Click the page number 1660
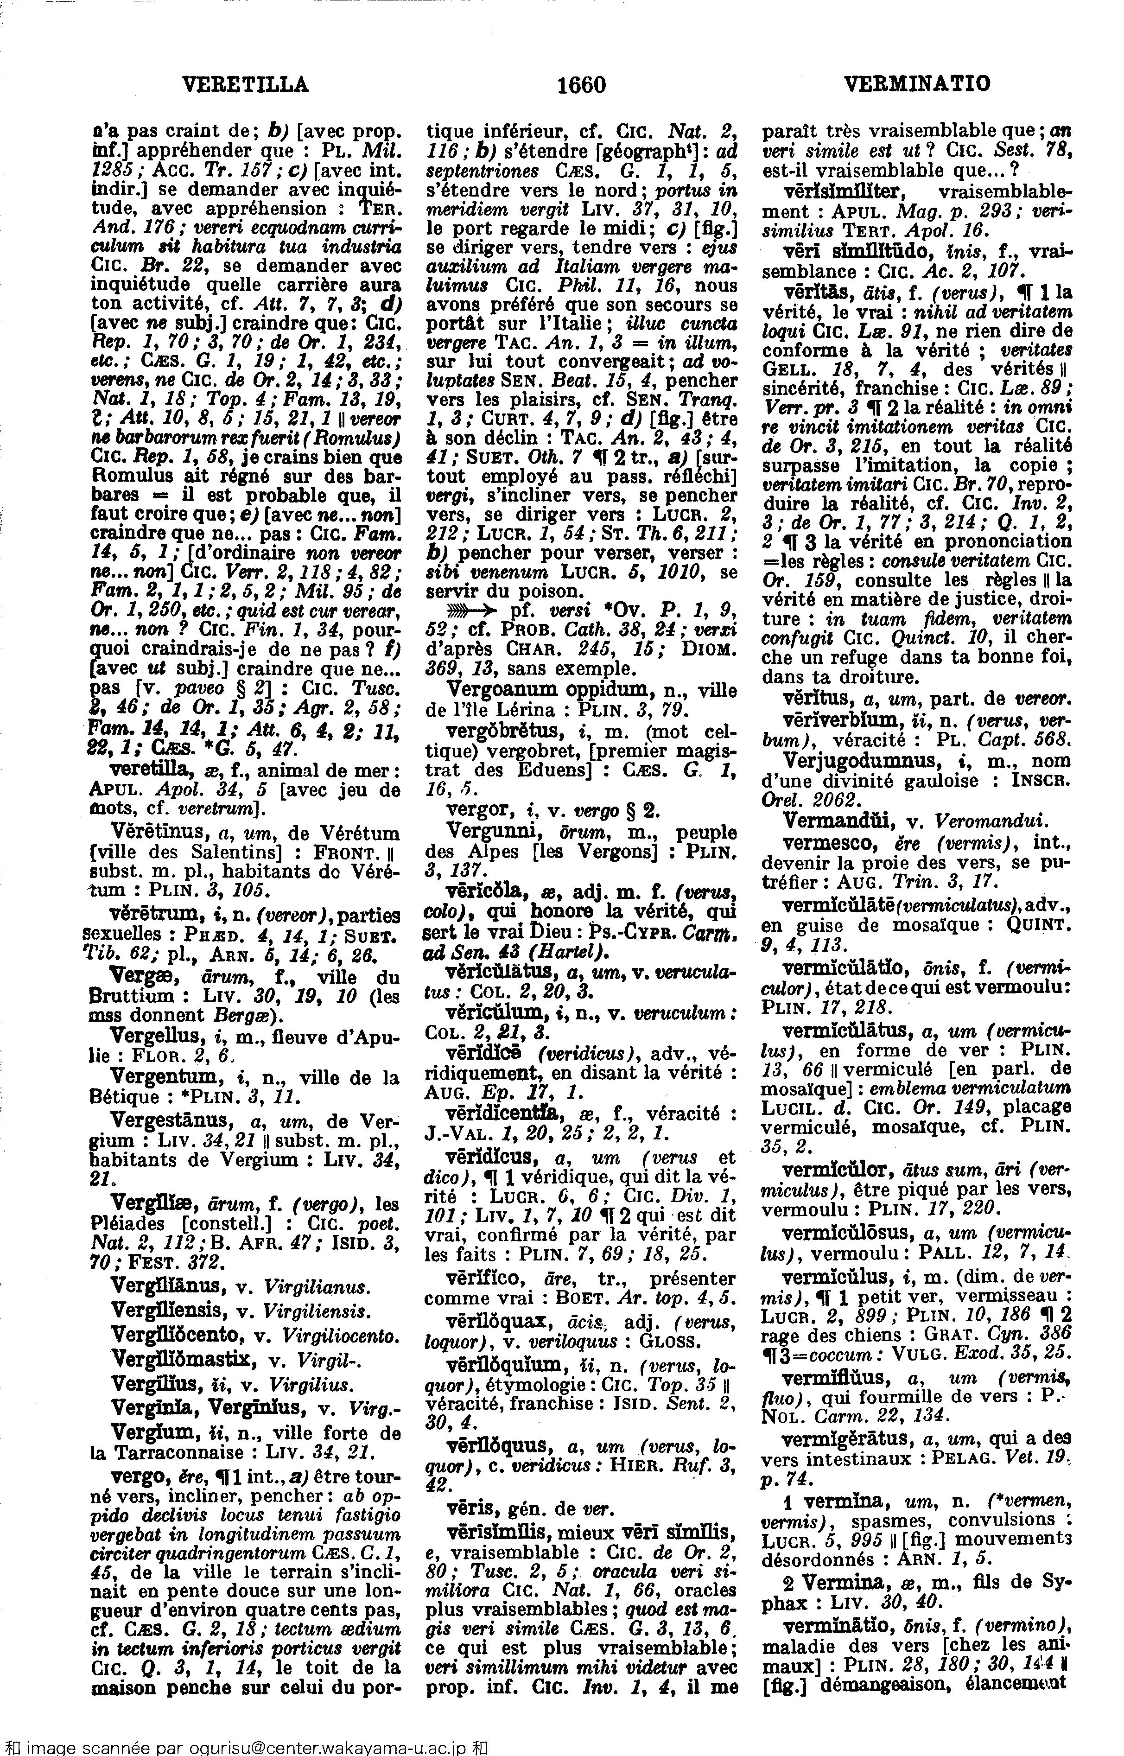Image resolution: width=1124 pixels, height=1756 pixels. point(582,85)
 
